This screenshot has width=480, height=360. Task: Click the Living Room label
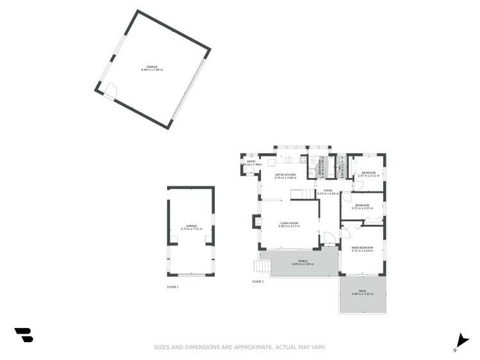point(288,223)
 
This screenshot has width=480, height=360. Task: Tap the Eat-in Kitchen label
point(286,175)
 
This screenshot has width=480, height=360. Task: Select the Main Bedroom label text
point(363,247)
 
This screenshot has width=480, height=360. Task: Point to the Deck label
point(363,292)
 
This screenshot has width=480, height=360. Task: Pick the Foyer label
point(328,191)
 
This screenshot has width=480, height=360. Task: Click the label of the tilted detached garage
point(153,67)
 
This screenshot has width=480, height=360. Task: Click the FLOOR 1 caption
point(172,286)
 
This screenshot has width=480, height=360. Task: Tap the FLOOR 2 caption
point(258,281)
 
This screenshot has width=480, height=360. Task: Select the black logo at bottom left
point(24,334)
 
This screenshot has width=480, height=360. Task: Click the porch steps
point(264,265)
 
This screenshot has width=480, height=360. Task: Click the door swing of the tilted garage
point(110,91)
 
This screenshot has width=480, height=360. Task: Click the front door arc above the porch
point(328,238)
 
